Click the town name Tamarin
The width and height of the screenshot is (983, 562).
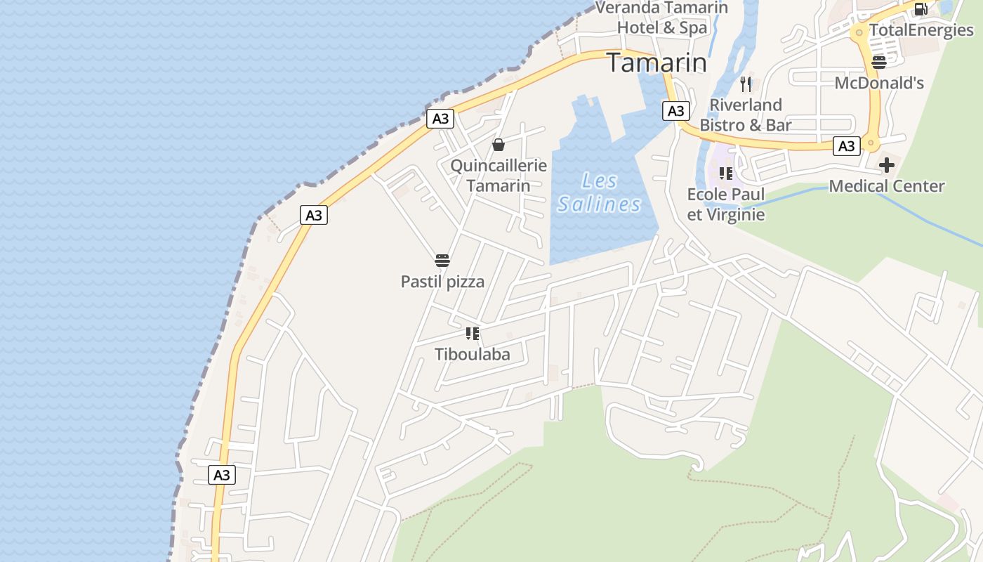click(657, 63)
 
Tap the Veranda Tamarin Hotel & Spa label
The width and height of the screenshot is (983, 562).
click(661, 18)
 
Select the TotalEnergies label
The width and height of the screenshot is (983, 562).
click(921, 30)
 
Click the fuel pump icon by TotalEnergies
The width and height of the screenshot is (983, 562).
click(921, 8)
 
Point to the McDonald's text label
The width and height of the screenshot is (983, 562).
click(879, 83)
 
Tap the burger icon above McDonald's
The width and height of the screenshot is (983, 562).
click(878, 62)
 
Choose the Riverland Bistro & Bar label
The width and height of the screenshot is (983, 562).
click(746, 115)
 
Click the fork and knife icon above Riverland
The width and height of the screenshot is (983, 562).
click(746, 84)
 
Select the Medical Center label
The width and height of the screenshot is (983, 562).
click(887, 186)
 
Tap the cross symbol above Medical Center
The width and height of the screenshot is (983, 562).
click(887, 165)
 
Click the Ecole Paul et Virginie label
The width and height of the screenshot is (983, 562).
click(726, 204)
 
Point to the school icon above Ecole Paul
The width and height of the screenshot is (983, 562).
click(726, 173)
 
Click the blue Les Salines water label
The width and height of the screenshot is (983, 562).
click(600, 192)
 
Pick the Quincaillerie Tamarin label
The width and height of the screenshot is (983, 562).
click(499, 176)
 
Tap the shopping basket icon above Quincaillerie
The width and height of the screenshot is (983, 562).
click(499, 145)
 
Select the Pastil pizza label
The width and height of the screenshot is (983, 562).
click(442, 282)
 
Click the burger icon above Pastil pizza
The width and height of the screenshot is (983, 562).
click(442, 261)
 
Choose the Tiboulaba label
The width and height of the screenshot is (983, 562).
click(473, 354)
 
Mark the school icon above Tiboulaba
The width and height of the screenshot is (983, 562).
click(473, 333)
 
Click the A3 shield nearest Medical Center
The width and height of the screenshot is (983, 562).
click(847, 145)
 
